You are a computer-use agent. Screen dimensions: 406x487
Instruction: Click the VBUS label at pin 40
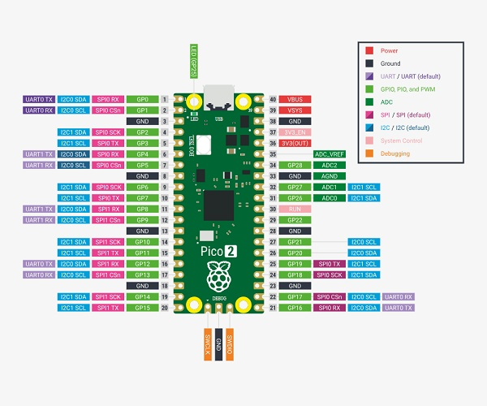(x=296, y=99)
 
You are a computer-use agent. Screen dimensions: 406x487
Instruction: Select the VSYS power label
(x=296, y=110)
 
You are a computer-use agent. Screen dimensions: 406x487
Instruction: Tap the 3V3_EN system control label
(x=296, y=132)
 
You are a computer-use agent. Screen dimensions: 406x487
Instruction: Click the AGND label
(x=330, y=175)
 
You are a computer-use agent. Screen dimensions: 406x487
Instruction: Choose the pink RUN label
(x=296, y=209)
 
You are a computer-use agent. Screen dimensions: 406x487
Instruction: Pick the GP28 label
(x=296, y=165)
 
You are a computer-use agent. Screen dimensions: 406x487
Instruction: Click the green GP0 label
(x=142, y=99)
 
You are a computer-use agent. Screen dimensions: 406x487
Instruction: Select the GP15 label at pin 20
(x=142, y=308)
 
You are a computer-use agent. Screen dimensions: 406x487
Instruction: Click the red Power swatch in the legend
(x=369, y=50)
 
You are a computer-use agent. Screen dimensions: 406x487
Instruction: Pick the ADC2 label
(x=330, y=165)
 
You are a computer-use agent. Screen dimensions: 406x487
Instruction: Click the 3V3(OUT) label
(x=296, y=143)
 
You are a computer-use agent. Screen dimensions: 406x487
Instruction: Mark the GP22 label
(x=296, y=220)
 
